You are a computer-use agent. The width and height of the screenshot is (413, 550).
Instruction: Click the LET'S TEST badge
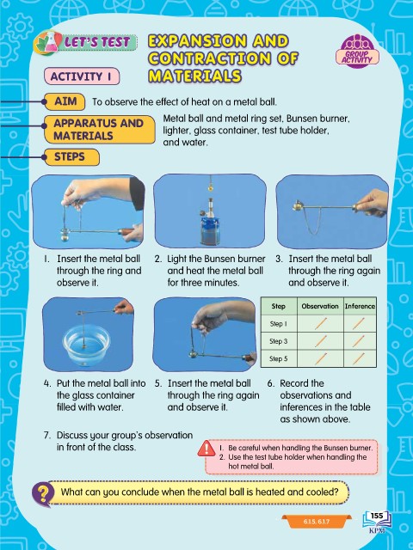point(85,43)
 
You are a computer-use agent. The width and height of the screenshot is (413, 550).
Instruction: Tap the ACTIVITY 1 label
point(82,76)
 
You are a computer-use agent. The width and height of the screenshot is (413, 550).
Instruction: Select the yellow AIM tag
point(65,101)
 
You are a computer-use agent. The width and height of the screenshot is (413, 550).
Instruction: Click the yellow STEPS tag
point(71,156)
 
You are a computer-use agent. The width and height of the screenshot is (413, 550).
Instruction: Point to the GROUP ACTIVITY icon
point(357,51)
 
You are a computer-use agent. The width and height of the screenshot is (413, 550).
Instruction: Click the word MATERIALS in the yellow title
point(194,76)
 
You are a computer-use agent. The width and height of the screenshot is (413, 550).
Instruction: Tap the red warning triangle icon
point(206,449)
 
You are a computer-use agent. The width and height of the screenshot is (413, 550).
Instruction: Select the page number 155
point(377,516)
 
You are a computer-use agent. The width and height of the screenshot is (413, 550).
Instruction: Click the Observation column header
point(320,306)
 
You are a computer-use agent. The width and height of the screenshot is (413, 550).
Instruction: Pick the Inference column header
point(360,306)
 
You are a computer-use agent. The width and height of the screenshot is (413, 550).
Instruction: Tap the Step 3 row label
point(279,341)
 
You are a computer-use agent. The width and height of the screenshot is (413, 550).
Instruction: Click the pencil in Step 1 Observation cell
point(321,323)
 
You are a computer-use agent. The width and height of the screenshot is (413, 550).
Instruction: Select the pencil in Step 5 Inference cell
point(359,358)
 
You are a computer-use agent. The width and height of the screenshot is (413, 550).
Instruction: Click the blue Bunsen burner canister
point(210,229)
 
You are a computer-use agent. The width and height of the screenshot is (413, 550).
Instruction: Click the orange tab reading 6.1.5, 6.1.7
point(317,522)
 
